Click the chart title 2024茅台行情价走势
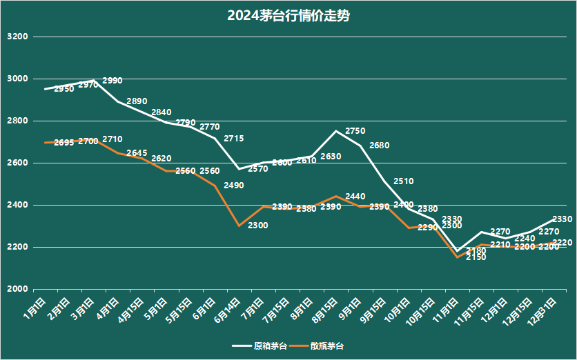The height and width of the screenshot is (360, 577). (288, 16)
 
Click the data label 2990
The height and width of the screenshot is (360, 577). (112, 81)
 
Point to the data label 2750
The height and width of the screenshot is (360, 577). (355, 130)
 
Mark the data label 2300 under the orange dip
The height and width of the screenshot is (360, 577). (258, 226)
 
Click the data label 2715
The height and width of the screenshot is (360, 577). (233, 139)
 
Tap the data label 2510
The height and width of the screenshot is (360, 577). (404, 181)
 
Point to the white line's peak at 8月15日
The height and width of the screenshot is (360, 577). (335, 131)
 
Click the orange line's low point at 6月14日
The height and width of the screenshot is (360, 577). (239, 226)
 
